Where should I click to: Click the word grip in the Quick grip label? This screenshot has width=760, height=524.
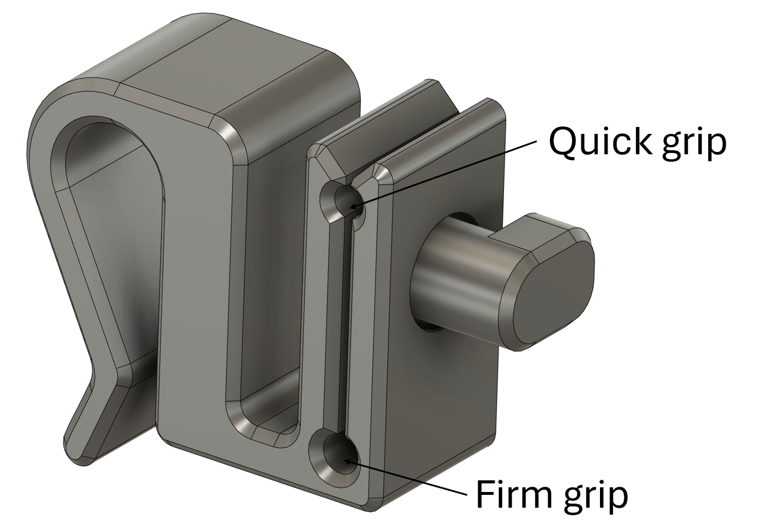click(695, 143)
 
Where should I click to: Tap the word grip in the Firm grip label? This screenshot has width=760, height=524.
click(596, 496)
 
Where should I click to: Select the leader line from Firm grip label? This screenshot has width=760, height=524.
click(407, 478)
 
